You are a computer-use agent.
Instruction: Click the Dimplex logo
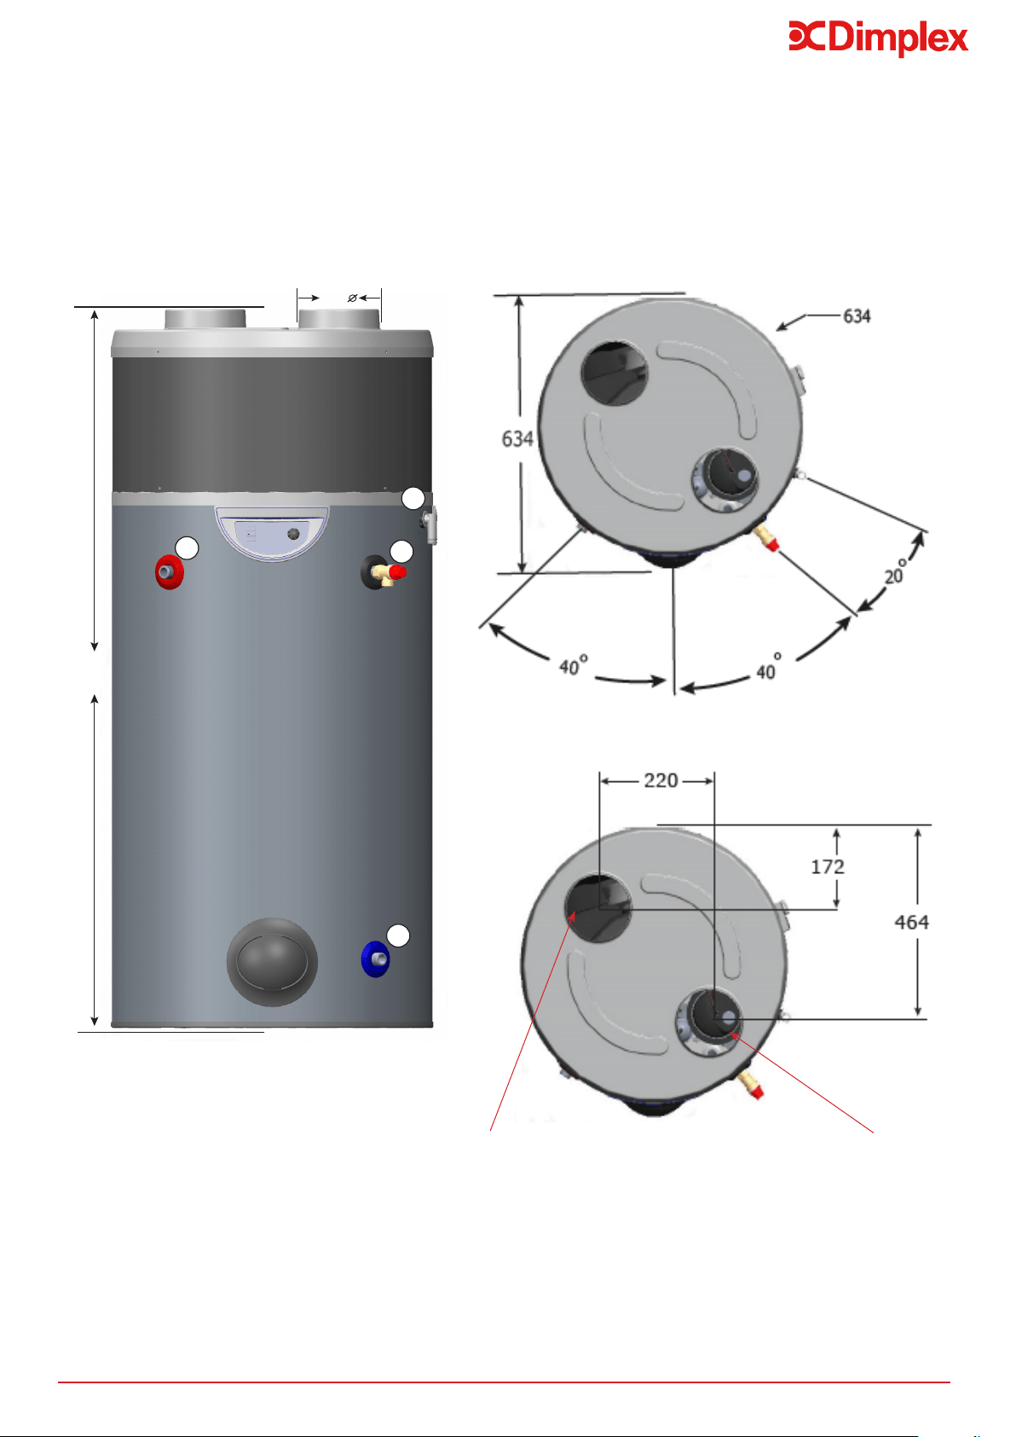tap(878, 38)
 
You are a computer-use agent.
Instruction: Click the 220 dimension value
tap(661, 780)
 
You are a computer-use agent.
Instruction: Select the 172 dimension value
tap(828, 867)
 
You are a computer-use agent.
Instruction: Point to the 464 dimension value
tap(911, 923)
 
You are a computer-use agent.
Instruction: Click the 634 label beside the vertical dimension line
tap(517, 439)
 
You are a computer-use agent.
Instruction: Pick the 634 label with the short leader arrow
tap(857, 316)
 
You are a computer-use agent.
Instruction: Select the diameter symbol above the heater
tap(352, 298)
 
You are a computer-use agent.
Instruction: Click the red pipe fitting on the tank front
tap(170, 572)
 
